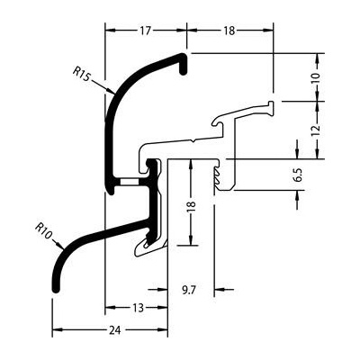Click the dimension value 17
tap(145, 31)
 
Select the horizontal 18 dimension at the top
tap(229, 31)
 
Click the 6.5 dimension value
tap(299, 175)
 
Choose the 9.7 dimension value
tap(189, 290)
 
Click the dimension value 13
tap(139, 308)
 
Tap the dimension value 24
tap(115, 330)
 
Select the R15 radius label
tap(81, 74)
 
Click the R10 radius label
tap(44, 230)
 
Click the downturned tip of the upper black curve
tap(183, 71)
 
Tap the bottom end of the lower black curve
tap(56, 290)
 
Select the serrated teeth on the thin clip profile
tap(217, 176)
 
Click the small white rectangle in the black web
tap(129, 182)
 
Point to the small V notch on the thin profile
tap(194, 140)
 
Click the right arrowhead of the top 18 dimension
tap(268, 30)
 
